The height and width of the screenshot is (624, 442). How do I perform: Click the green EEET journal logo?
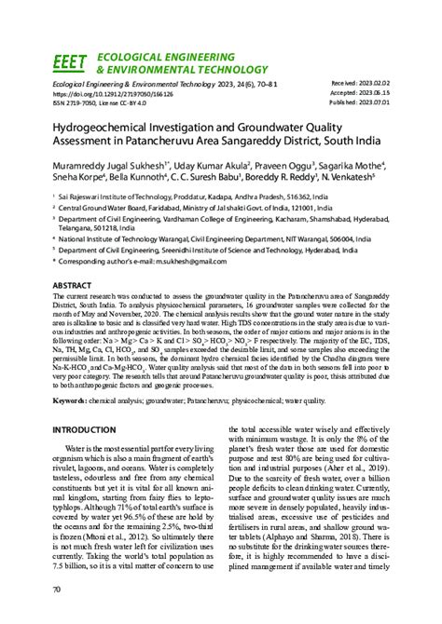click(x=70, y=63)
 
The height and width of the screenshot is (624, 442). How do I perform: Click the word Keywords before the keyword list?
click(x=72, y=400)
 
